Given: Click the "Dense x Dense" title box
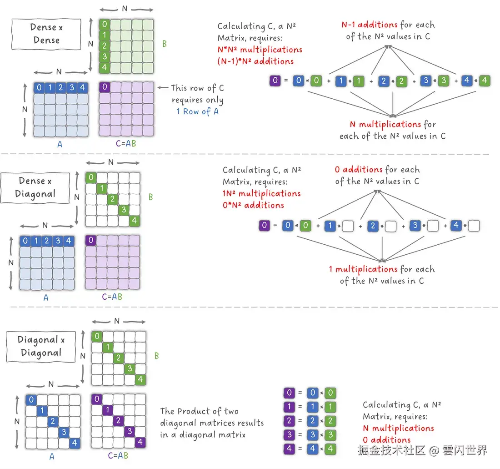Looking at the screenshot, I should point(46,34).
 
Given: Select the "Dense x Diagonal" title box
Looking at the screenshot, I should point(35,187).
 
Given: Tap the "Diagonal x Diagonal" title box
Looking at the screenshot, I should point(41,346).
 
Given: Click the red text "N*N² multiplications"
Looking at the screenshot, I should point(260,50).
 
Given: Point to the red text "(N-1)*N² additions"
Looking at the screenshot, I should point(255,61).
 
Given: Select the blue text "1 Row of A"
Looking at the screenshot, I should point(197,111).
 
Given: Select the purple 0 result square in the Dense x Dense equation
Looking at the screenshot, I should point(275,81).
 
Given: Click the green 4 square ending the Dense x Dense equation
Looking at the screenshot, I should point(485,81).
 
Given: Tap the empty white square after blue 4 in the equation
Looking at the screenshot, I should point(474,226).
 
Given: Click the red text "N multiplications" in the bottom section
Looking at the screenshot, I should point(398,429).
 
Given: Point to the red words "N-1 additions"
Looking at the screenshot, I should point(370,25).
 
